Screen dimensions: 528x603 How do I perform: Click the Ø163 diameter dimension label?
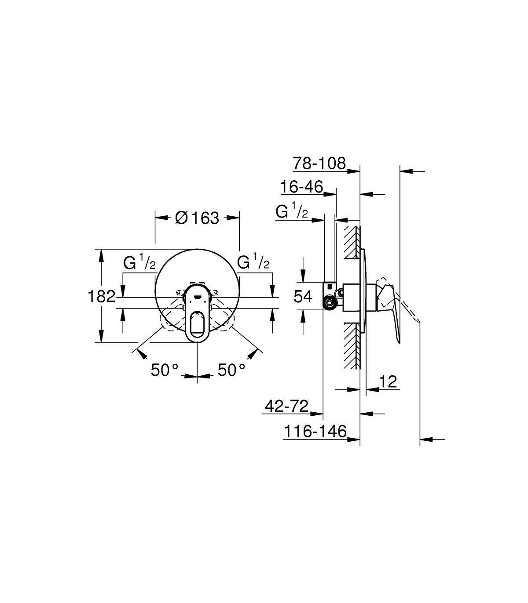click(197, 218)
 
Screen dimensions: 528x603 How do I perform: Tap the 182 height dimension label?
click(101, 296)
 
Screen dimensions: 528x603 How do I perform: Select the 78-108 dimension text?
click(319, 163)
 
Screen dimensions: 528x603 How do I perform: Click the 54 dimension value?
click(303, 297)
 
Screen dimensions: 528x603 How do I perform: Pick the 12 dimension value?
click(388, 382)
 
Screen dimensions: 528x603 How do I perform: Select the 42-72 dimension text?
click(286, 407)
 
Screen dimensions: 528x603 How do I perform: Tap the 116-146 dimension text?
click(315, 432)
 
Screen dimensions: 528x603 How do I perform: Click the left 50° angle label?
click(165, 370)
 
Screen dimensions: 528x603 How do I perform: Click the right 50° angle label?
click(231, 370)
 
